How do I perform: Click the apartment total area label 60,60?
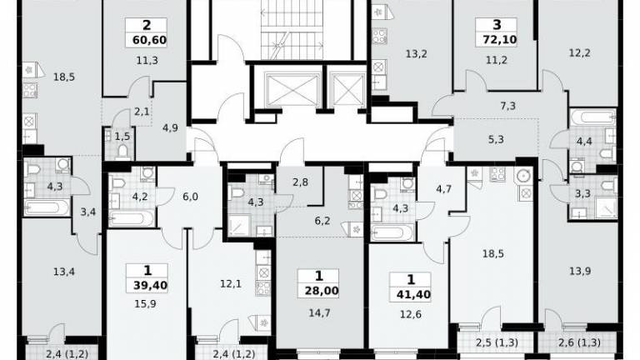click(x=149, y=40)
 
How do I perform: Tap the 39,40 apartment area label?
click(x=150, y=285)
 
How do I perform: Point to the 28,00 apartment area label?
click(x=322, y=291)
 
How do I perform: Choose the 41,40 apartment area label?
click(x=413, y=294)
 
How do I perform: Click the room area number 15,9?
click(x=145, y=304)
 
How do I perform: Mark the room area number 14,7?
click(x=319, y=313)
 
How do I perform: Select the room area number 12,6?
click(x=411, y=315)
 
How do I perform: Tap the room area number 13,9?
click(x=580, y=271)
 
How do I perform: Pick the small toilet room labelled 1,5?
click(x=119, y=143)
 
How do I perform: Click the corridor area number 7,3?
click(x=507, y=106)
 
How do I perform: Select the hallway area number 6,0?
click(x=190, y=197)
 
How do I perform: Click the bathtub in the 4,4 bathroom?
click(x=593, y=118)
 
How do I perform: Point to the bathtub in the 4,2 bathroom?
click(x=132, y=219)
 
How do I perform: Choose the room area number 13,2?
click(x=416, y=54)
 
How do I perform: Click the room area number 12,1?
click(x=231, y=283)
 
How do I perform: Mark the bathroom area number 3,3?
click(x=582, y=193)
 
